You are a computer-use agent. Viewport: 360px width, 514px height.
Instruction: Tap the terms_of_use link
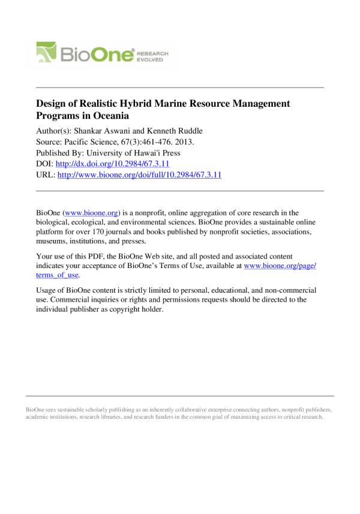pyautogui.click(x=58, y=276)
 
